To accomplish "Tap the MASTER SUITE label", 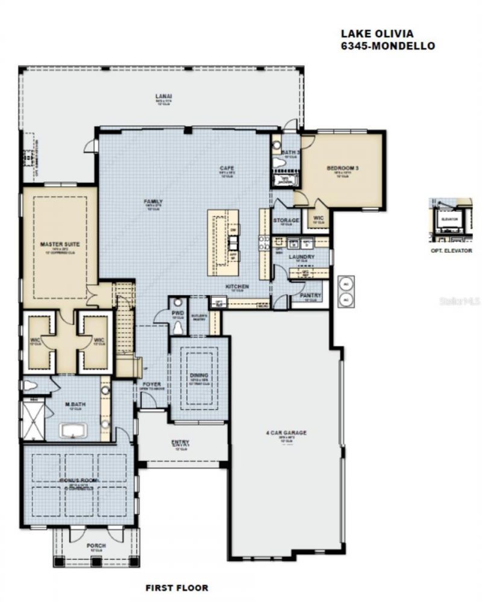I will [60, 244].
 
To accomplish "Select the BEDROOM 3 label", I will [343, 169].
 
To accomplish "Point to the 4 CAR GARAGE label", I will [287, 432].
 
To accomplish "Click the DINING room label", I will [199, 375].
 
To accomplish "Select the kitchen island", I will [224, 242].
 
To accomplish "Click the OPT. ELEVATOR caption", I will [451, 250].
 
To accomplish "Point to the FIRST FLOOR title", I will [177, 587].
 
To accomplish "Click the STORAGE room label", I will [286, 221].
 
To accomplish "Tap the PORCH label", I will [96, 545].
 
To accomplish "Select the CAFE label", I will [227, 168].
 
